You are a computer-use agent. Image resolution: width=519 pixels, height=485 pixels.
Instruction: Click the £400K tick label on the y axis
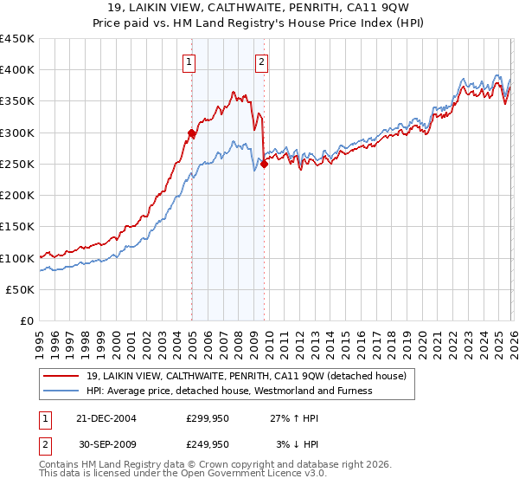(x=17, y=70)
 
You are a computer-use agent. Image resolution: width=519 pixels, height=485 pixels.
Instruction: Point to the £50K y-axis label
(x=20, y=290)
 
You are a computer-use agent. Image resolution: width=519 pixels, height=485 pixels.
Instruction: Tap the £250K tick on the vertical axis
(x=17, y=165)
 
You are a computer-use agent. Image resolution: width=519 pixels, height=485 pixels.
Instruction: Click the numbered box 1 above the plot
(x=189, y=61)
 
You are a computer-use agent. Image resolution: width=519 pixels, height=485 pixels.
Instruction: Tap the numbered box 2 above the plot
(x=261, y=61)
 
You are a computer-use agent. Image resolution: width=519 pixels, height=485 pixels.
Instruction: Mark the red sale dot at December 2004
(x=191, y=133)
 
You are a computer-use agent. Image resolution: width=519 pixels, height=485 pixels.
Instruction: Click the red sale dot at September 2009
(x=264, y=164)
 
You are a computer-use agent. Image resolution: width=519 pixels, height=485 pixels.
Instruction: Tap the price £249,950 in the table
(x=208, y=443)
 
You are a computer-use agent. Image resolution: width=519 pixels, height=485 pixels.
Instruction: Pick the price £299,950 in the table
(x=208, y=417)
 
